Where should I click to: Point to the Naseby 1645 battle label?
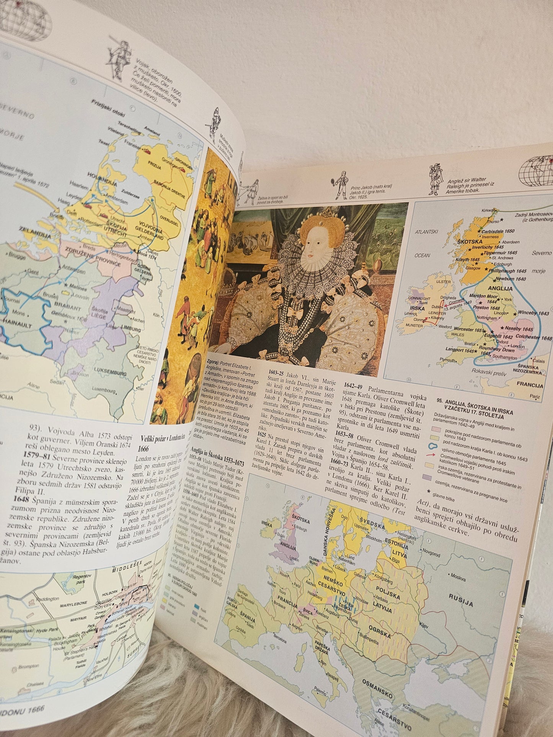click(x=519, y=328)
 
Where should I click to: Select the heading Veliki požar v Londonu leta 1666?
click(x=163, y=442)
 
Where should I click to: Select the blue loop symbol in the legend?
click(x=434, y=446)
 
